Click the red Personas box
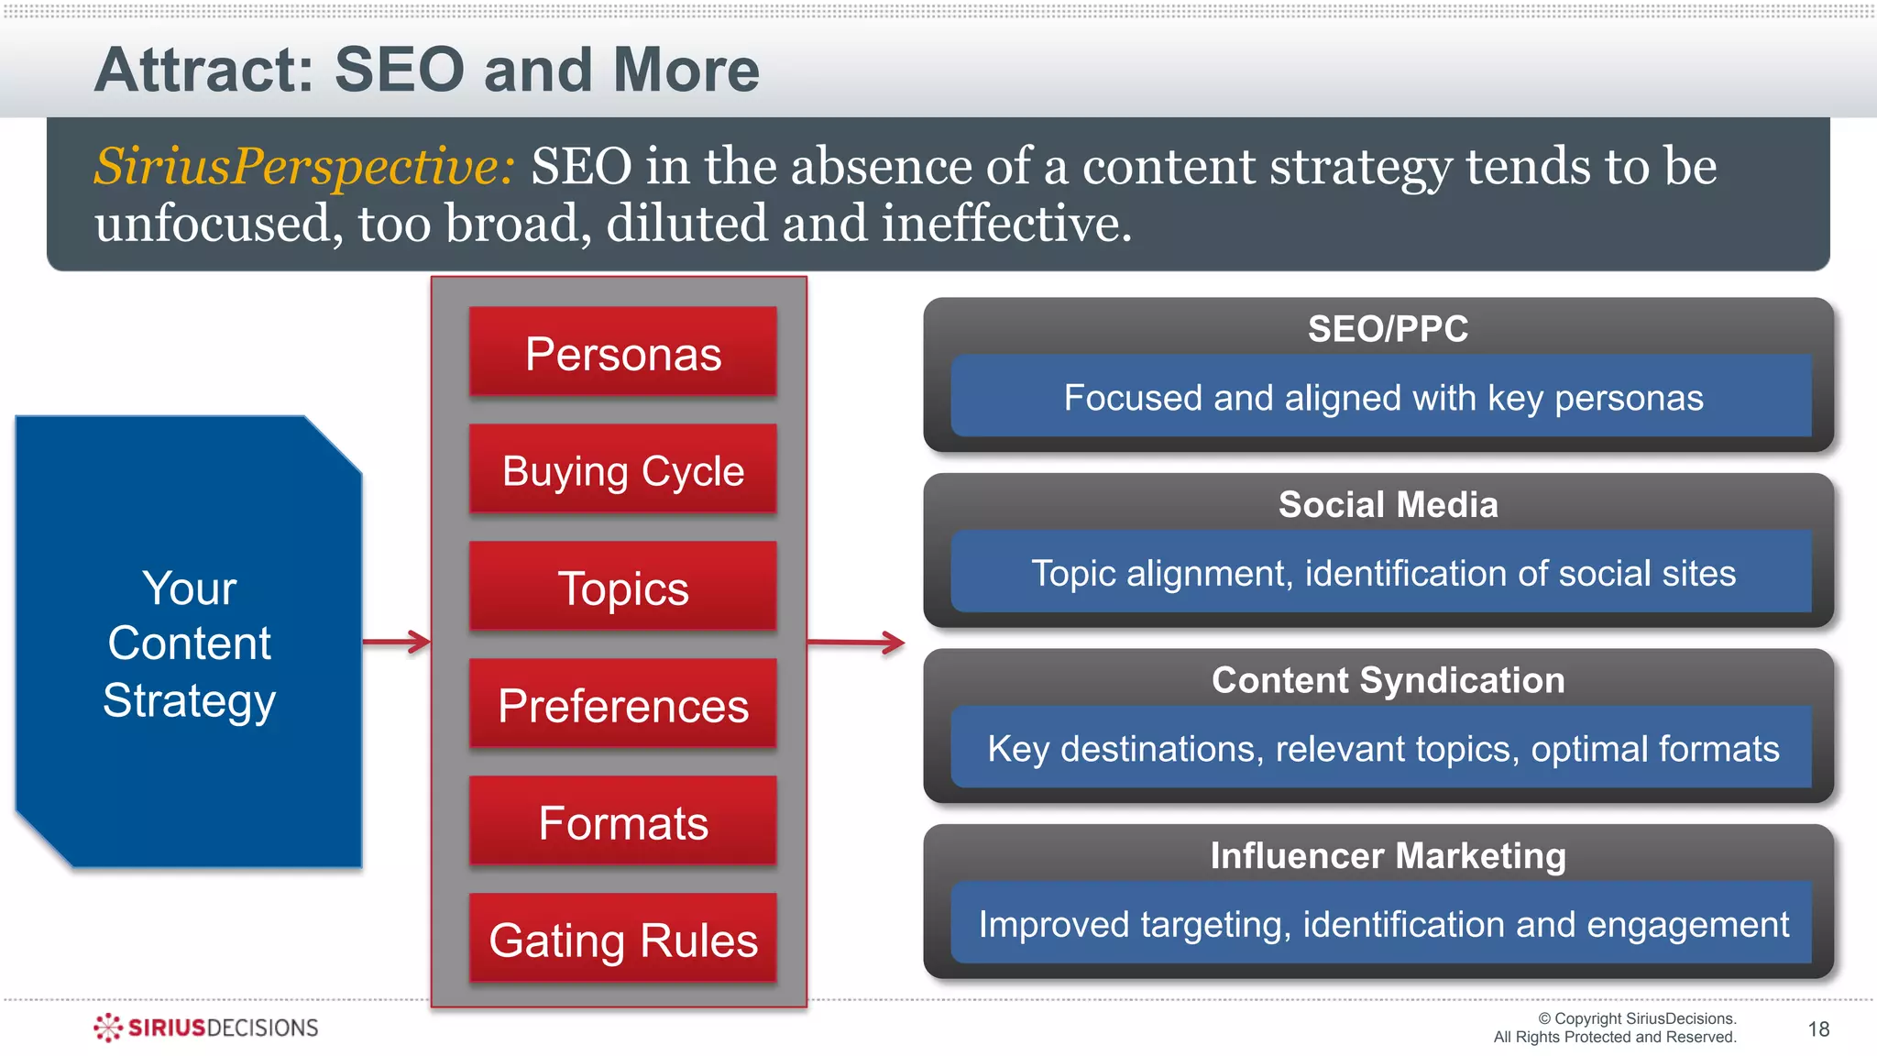click(x=623, y=352)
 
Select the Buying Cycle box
click(x=623, y=469)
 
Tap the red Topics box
click(x=623, y=587)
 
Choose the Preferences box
click(x=623, y=704)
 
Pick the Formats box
click(x=623, y=821)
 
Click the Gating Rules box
click(x=623, y=939)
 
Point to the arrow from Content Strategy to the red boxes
click(x=397, y=642)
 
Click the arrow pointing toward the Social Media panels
click(x=856, y=643)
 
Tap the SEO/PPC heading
click(x=1387, y=329)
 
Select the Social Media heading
click(x=1387, y=505)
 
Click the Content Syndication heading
click(x=1387, y=680)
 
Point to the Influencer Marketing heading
click(x=1387, y=856)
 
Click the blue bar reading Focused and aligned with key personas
click(x=1381, y=397)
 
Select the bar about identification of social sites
click(x=1381, y=573)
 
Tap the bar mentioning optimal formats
click(x=1381, y=748)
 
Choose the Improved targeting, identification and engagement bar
click(x=1381, y=924)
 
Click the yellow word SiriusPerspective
click(x=303, y=168)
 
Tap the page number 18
click(x=1818, y=1029)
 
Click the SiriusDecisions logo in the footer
click(x=206, y=1028)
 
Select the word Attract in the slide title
click(x=203, y=71)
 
